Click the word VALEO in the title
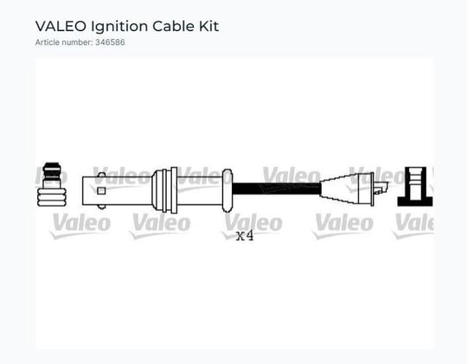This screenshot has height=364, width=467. [x=61, y=26]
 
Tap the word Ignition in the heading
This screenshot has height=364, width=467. [x=119, y=27]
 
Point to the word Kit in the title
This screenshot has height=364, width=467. [x=208, y=26]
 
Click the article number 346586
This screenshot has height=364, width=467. [x=110, y=42]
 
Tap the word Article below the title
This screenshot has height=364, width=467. [x=47, y=42]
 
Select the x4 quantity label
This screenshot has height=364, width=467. [x=245, y=236]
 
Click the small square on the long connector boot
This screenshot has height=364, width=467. [x=101, y=190]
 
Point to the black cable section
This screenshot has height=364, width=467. [x=276, y=188]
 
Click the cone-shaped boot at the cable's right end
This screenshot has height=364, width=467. [x=346, y=188]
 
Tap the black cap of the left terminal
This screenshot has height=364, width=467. [x=52, y=171]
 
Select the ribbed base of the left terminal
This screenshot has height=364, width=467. [x=52, y=197]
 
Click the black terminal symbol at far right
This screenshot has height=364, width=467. [x=415, y=187]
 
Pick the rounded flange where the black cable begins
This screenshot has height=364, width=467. [x=227, y=190]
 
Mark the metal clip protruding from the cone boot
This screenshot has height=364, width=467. [x=381, y=188]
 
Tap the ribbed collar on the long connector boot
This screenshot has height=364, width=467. [x=164, y=190]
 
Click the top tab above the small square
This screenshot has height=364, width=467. [x=101, y=175]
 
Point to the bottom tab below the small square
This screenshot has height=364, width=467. [x=101, y=207]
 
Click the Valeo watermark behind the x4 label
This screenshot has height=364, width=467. [x=253, y=226]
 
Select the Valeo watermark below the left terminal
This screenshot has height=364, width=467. [x=80, y=226]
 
